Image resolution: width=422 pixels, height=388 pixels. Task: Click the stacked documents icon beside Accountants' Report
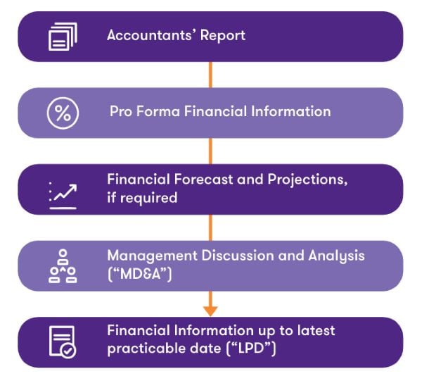62,35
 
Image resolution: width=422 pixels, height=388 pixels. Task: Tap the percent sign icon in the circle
63,113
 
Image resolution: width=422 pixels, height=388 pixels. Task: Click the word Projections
307,180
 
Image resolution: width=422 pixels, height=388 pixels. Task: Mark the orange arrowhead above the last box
210,310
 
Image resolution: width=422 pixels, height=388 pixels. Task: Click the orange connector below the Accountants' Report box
210,74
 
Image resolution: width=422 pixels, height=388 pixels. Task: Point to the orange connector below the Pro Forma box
210,151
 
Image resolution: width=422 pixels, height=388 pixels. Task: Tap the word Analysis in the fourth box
336,256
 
